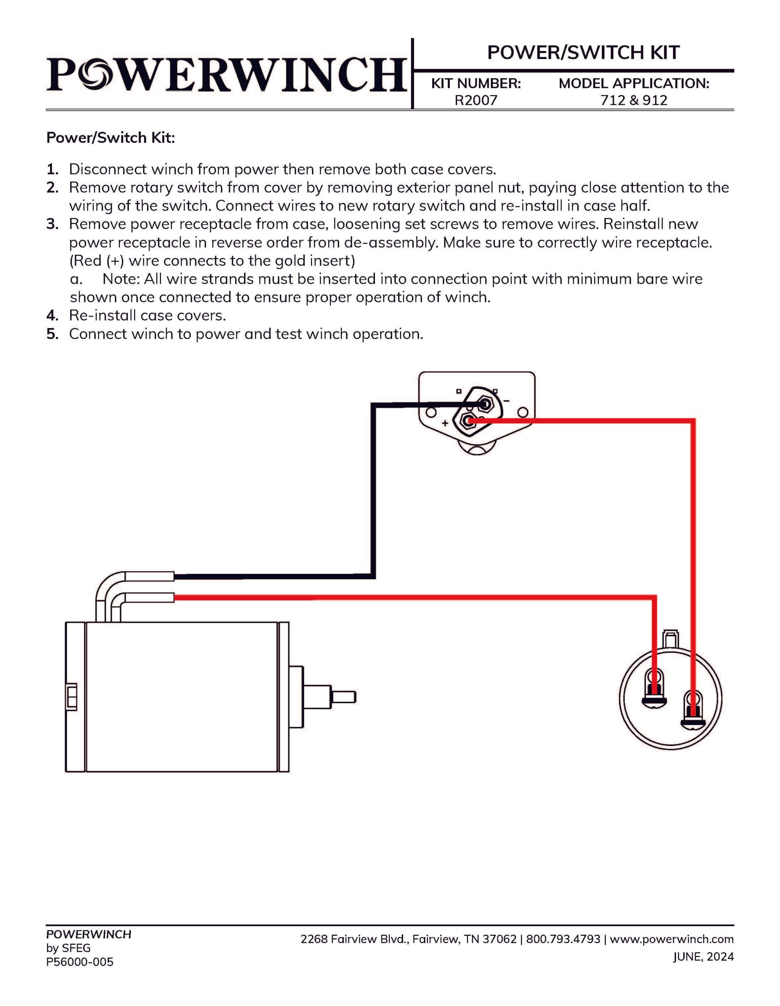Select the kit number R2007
click(476, 100)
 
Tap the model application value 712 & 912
click(634, 100)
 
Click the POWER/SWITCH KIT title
click(583, 52)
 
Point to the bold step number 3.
click(52, 224)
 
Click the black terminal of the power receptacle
click(484, 404)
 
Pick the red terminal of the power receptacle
click(469, 420)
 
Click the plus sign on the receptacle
click(445, 423)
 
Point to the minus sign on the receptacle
click(507, 401)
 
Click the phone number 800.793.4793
click(563, 939)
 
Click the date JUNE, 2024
click(703, 957)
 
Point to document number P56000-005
click(80, 962)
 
